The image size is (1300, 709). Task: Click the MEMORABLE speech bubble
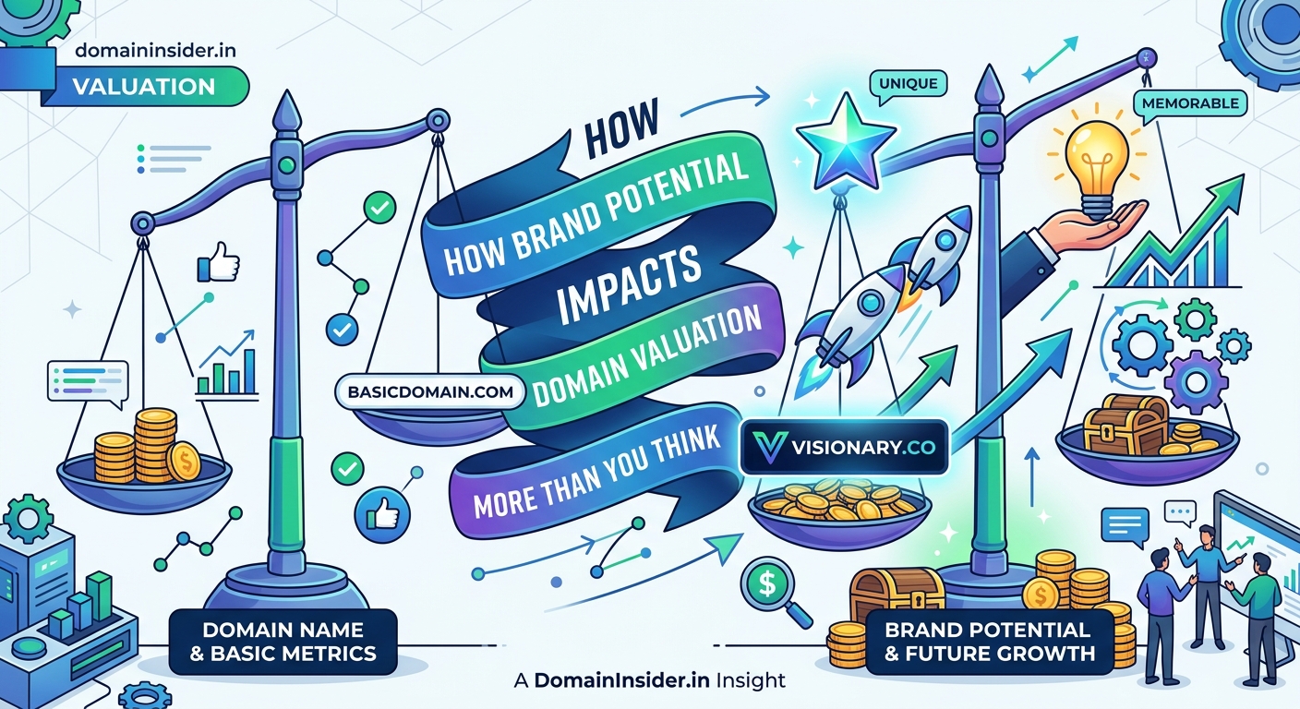coord(1189,104)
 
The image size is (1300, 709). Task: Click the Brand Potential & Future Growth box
coord(987,642)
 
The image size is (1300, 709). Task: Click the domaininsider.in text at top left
coord(155,50)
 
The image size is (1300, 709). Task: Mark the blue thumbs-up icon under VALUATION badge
coord(218,264)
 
